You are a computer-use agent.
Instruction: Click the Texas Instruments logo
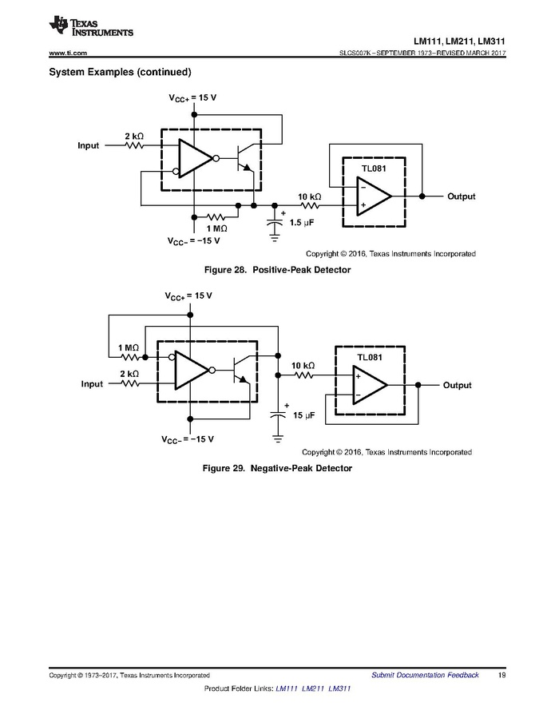pyautogui.click(x=90, y=27)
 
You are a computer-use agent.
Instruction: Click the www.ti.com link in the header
pyautogui.click(x=68, y=53)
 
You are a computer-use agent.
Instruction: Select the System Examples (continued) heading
pyautogui.click(x=120, y=73)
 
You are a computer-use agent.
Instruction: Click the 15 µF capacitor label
pyautogui.click(x=304, y=416)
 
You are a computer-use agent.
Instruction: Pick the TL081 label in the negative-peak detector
pyautogui.click(x=370, y=358)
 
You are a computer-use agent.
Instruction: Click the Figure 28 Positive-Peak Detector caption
pyautogui.click(x=277, y=271)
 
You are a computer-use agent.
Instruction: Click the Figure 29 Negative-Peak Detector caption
pyautogui.click(x=277, y=468)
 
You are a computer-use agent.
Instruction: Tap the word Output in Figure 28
pyautogui.click(x=461, y=196)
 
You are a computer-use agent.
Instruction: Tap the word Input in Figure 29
pyautogui.click(x=92, y=384)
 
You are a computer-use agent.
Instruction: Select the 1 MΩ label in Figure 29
pyautogui.click(x=129, y=348)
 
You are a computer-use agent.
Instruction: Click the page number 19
pyautogui.click(x=501, y=675)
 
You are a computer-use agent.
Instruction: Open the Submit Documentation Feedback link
pyautogui.click(x=425, y=675)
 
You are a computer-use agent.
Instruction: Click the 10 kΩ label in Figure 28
pyautogui.click(x=309, y=196)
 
